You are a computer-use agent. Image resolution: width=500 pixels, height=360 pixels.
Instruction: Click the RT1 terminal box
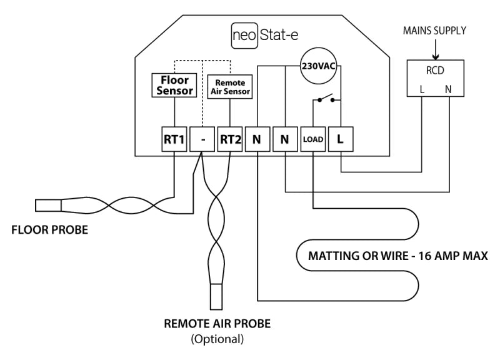[x=174, y=140]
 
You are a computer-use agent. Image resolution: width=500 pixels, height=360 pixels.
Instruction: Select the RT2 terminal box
[x=229, y=140]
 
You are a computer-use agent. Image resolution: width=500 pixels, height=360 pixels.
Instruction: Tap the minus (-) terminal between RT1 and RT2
[x=202, y=140]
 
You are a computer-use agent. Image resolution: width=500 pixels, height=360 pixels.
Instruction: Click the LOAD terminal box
[x=312, y=140]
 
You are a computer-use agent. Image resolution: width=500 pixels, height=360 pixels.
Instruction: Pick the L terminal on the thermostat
[x=340, y=140]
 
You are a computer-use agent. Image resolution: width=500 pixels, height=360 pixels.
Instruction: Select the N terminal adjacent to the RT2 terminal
[x=257, y=140]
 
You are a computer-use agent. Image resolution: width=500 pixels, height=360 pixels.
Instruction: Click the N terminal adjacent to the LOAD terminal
[x=285, y=140]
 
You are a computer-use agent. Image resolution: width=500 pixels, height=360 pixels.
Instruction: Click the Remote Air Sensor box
[x=230, y=86]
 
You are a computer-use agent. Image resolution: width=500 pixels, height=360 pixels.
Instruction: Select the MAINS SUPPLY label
[x=434, y=30]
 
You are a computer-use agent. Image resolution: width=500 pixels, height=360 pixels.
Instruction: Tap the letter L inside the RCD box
[x=422, y=89]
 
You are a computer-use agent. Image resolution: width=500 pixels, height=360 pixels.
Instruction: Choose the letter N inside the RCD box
[x=448, y=89]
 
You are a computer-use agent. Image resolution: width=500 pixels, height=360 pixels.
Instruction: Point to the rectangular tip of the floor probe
[x=47, y=205]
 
